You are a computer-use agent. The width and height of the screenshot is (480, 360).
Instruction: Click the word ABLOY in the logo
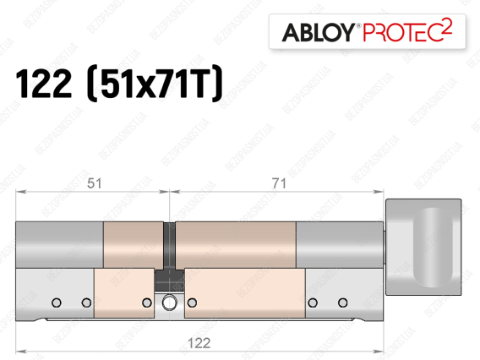point(319,32)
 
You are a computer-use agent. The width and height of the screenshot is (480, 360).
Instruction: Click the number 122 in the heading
point(43,84)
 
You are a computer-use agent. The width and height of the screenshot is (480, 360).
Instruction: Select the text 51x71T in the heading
point(155,84)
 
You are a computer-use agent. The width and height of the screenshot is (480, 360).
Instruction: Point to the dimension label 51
point(95,183)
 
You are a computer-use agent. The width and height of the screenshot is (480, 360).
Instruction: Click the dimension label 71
point(279,183)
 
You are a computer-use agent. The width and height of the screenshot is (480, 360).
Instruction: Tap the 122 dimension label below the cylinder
point(199,343)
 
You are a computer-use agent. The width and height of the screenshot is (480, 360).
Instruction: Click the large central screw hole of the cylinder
point(169,303)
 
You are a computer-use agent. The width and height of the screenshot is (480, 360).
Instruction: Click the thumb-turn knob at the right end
point(423,247)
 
